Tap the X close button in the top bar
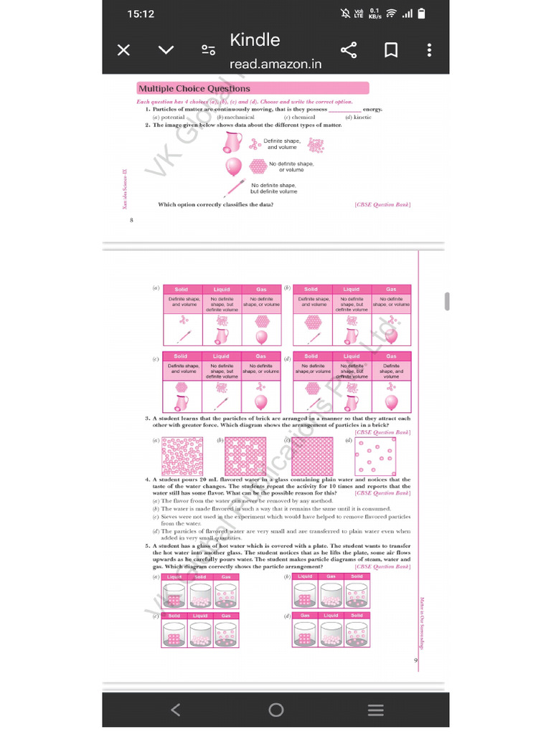point(123,50)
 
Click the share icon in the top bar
point(349,50)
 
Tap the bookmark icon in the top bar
point(391,50)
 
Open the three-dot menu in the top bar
point(429,50)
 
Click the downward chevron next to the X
point(166,50)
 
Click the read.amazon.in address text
point(275,65)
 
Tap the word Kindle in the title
point(255,40)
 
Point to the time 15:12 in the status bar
point(141,14)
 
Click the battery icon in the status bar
point(422,13)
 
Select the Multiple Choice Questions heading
point(194,89)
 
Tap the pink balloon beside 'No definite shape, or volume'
point(234,167)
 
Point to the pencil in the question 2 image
point(234,188)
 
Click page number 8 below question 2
point(131,219)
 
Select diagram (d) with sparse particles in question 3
point(375,456)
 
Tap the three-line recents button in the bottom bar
point(375,710)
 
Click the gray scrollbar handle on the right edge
point(446,301)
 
